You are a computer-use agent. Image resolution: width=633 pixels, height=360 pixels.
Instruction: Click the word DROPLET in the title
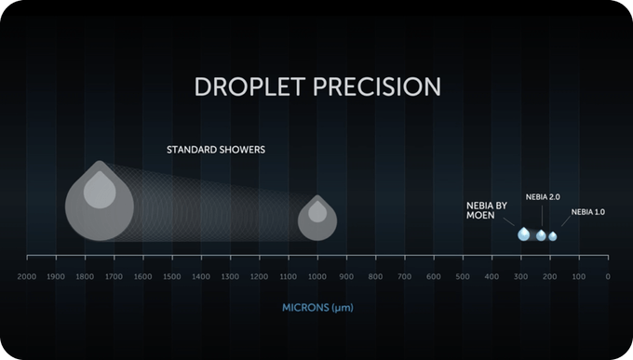click(249, 87)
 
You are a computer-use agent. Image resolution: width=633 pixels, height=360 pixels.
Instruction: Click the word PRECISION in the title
click(377, 87)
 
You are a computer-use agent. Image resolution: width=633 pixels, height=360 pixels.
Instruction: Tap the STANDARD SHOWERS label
click(216, 150)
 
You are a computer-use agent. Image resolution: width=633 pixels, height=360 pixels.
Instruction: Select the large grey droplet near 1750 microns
click(100, 201)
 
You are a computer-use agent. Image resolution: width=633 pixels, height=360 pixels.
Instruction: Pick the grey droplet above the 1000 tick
click(317, 219)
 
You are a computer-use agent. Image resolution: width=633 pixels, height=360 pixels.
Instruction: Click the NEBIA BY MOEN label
click(487, 210)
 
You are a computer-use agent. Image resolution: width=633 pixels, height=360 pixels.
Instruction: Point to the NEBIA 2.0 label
click(543, 197)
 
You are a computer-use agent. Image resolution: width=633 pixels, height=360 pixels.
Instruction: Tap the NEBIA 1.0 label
click(587, 212)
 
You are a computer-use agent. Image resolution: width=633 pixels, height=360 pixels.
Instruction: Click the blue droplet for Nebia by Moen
click(523, 233)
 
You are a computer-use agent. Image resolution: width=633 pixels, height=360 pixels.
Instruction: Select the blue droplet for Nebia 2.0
click(541, 235)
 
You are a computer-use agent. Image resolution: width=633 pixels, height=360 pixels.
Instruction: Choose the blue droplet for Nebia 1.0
click(553, 236)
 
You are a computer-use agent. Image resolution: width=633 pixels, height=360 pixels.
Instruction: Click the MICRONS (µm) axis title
click(317, 308)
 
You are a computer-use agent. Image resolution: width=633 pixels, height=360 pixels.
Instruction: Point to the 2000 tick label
click(27, 277)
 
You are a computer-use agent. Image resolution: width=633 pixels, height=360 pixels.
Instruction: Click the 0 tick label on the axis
click(608, 277)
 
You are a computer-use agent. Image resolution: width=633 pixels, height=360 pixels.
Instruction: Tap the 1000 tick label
click(317, 277)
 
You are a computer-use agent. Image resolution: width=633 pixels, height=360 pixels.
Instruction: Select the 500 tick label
click(463, 277)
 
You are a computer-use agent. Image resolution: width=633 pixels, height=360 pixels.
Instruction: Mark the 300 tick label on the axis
click(520, 277)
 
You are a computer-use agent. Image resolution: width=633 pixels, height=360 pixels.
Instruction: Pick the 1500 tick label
click(172, 277)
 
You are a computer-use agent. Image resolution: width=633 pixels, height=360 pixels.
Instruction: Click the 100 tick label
click(579, 277)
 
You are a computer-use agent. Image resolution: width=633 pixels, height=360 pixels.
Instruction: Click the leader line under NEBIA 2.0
click(542, 216)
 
